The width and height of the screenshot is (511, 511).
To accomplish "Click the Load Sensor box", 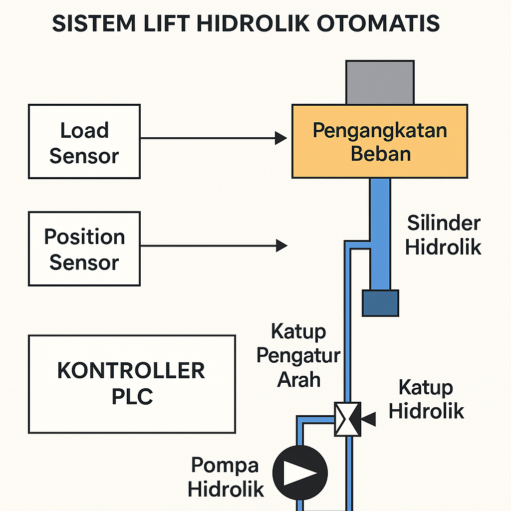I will coord(84,142).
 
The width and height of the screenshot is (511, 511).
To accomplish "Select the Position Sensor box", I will coord(84,249).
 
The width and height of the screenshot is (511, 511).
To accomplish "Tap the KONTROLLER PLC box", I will coord(132,384).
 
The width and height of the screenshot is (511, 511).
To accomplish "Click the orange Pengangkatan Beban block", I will coord(379,141).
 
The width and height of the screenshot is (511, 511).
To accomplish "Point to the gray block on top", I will coord(380,82).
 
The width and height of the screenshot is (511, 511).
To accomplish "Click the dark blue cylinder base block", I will coord(380,303).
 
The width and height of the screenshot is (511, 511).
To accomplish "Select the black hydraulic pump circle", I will coord(300,472).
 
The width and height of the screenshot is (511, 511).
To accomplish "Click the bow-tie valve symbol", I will coord(347,419).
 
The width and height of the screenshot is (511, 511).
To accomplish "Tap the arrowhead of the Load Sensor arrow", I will coord(281,138).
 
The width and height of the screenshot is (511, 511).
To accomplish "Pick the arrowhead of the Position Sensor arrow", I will coord(282,245).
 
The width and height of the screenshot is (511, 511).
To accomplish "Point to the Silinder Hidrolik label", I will coord(443,235).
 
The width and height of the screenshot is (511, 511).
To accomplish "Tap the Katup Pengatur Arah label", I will coord(298,355).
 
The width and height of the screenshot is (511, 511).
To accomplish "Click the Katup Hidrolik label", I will coord(426,399).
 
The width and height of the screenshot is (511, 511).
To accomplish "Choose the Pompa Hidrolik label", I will coord(226,477).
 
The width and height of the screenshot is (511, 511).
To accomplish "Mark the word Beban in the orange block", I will coord(380,154).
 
